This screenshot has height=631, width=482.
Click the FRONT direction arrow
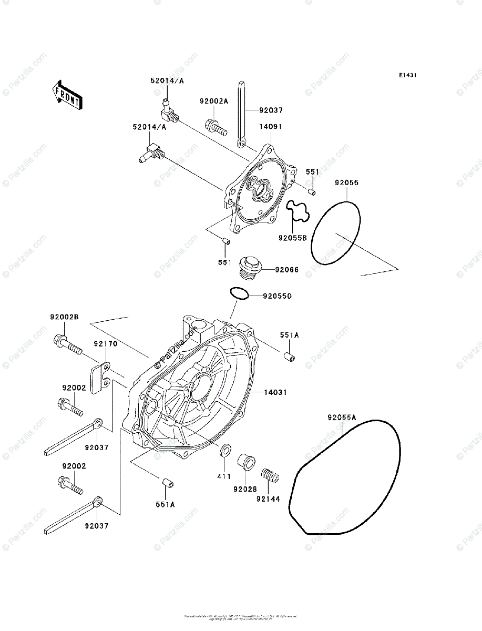point(67,94)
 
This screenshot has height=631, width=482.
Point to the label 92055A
point(342,418)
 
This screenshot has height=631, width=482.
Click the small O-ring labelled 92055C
point(239,293)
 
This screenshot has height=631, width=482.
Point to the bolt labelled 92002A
point(214,127)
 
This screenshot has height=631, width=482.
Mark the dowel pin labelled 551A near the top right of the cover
point(289,357)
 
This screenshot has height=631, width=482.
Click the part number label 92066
point(287,270)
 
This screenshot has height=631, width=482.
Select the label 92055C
point(278,297)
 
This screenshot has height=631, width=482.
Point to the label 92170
point(106,343)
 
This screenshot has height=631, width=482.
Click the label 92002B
point(64,317)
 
